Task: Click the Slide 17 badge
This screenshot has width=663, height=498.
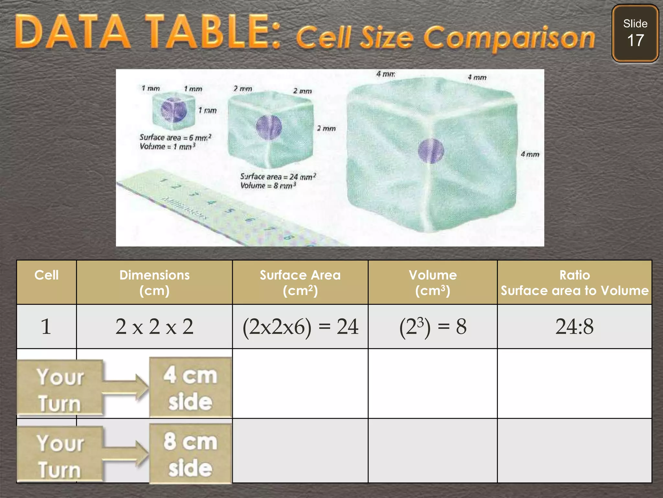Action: pos(635,33)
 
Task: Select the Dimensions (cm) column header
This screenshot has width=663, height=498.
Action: pos(154,282)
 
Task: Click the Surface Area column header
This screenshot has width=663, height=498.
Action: pos(300,282)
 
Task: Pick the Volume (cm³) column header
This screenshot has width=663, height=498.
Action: pos(433,282)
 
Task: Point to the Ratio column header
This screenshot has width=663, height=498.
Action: pos(574,282)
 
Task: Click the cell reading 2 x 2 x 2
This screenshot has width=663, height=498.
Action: pos(154,326)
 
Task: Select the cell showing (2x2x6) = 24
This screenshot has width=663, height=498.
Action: pos(300,326)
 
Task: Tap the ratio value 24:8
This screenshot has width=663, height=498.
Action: pos(574,326)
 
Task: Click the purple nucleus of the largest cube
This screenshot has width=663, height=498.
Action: pos(431,151)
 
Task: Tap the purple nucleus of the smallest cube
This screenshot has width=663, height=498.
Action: pos(174,110)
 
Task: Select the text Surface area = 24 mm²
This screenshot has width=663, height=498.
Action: pos(278,177)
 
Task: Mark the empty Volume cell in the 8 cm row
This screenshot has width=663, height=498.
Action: pos(433,451)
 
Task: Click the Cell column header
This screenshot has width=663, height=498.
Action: pos(47,275)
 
